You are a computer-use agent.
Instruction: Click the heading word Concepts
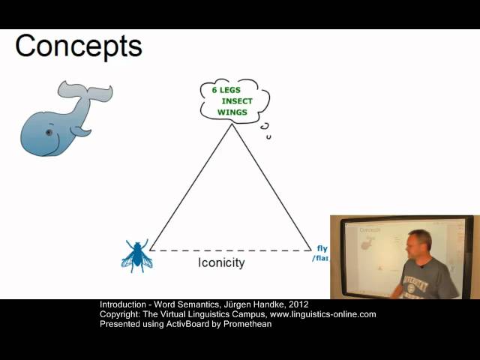tap(78, 46)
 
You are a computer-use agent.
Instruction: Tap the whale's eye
tap(49, 133)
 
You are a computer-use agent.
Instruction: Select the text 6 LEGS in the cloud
tap(225, 90)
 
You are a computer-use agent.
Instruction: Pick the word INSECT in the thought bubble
tap(238, 100)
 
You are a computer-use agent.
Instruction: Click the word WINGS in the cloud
tap(232, 112)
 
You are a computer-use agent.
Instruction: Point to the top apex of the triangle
tap(232, 124)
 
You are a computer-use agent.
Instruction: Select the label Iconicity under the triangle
tap(221, 262)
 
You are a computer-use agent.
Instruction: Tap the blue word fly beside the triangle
tap(322, 248)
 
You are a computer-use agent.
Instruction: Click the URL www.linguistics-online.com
tap(323, 314)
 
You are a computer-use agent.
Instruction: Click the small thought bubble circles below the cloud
tap(265, 131)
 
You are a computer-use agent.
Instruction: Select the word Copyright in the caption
tap(117, 314)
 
